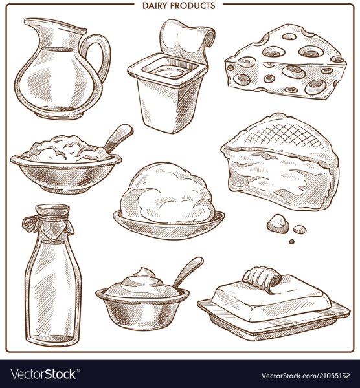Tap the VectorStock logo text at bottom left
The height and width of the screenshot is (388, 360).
pos(42,374)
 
